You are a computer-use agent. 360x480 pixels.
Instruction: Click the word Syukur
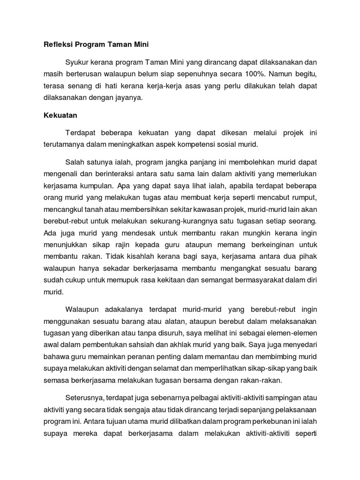tap(79, 62)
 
